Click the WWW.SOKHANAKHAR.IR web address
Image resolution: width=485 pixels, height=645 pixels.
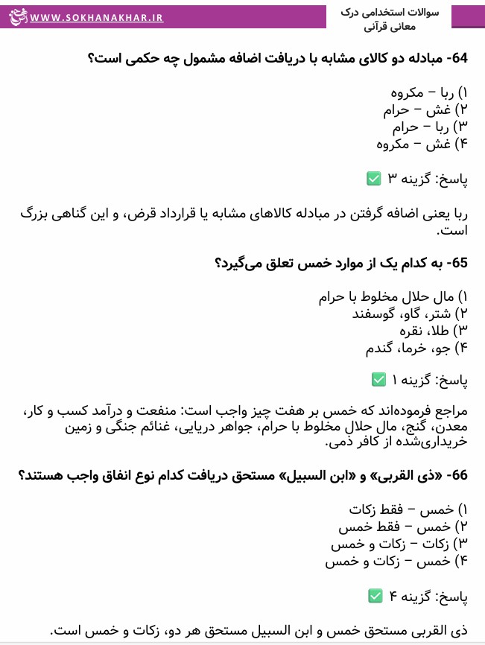(x=97, y=16)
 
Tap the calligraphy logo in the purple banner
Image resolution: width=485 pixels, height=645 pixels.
(x=15, y=15)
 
